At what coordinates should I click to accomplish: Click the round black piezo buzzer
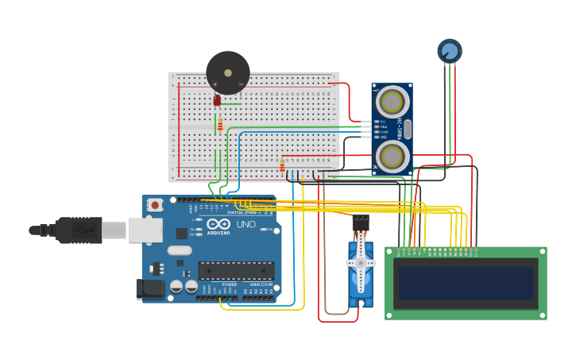pos(228,73)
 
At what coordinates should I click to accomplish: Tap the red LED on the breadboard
pos(217,100)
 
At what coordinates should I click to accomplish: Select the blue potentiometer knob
pos(450,51)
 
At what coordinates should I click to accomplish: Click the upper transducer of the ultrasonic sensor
pos(392,102)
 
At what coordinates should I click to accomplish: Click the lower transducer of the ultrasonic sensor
pos(392,155)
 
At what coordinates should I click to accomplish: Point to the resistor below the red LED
pos(220,125)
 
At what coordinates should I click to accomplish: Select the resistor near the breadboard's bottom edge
pos(282,165)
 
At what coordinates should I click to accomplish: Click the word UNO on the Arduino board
pos(245,225)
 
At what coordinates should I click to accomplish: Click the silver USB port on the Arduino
pos(145,230)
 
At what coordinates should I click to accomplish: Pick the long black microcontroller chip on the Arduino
pos(236,271)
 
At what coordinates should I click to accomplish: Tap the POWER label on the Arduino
pos(229,285)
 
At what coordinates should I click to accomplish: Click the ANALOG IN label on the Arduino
pos(260,285)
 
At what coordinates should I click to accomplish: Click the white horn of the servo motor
pos(361,262)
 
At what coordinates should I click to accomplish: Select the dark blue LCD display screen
pos(466,283)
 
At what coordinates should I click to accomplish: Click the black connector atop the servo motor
pos(361,223)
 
